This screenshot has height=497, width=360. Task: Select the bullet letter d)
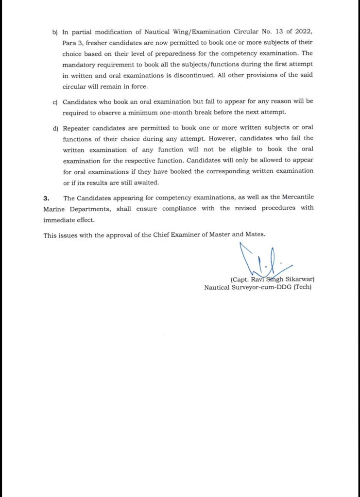point(54,128)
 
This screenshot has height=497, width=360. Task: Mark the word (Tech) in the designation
point(301,287)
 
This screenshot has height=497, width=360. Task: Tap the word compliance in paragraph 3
point(159,208)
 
